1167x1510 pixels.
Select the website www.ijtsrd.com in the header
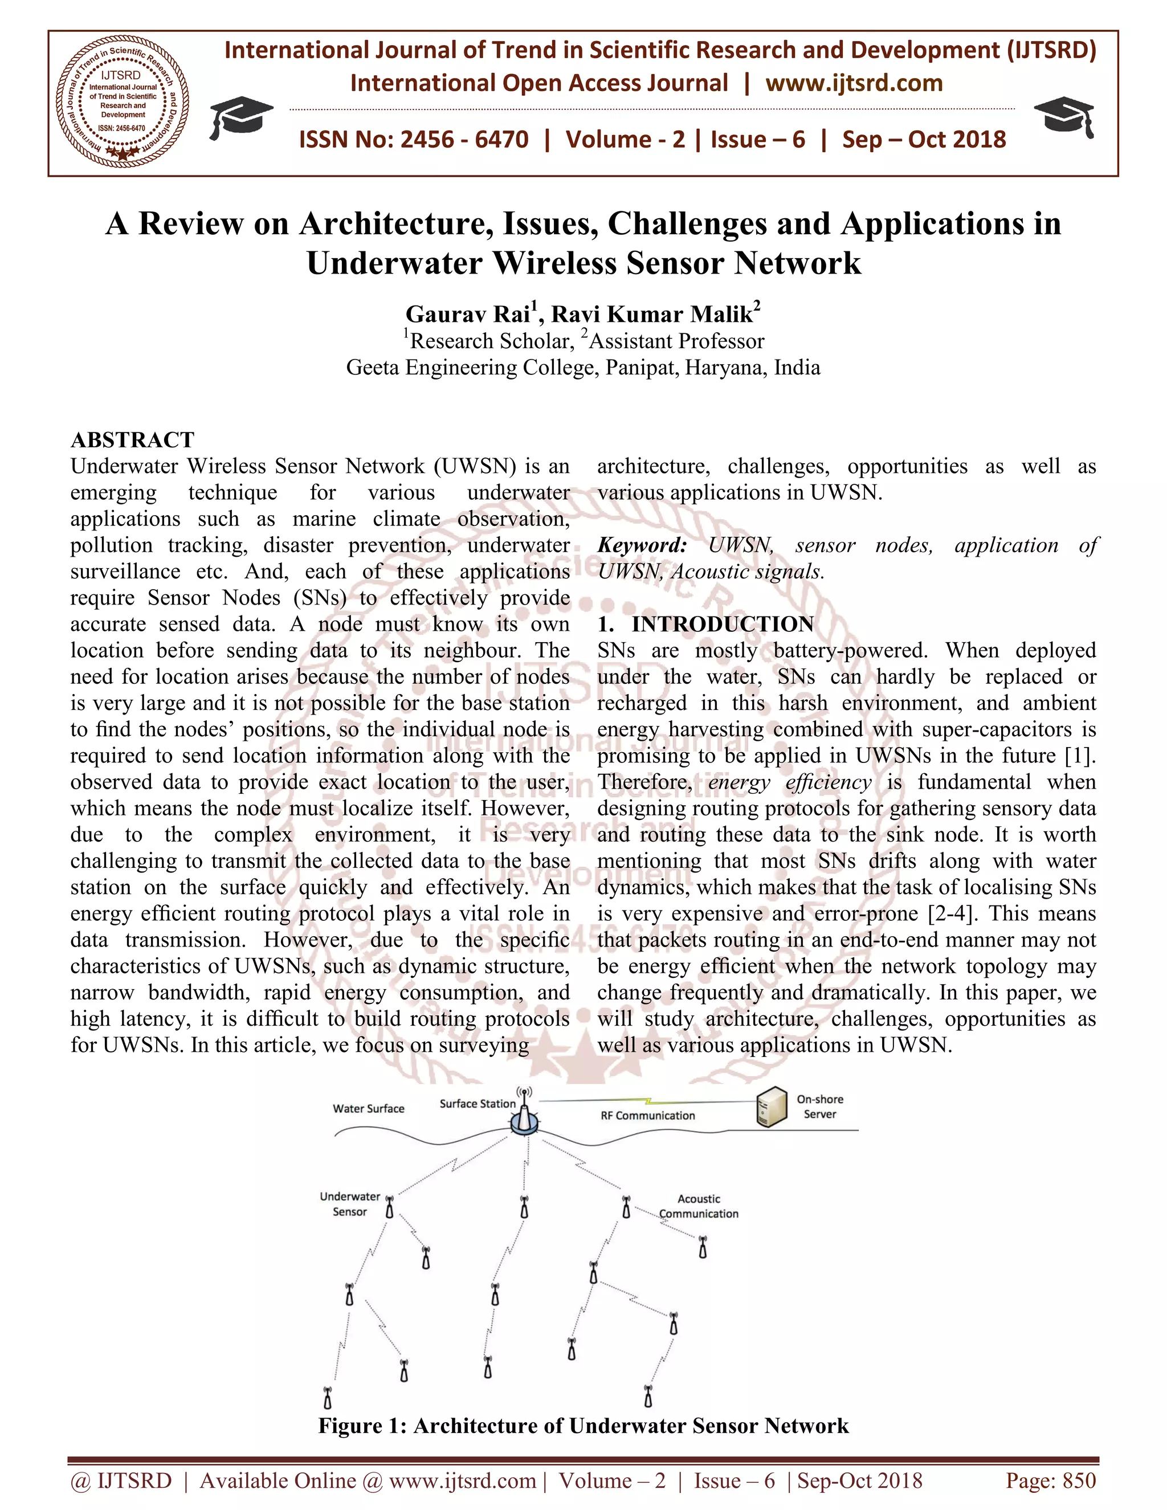tap(854, 84)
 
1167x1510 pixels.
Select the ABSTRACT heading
tap(133, 440)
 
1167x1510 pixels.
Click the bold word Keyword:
tap(642, 545)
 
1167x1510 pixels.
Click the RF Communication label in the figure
tap(647, 1115)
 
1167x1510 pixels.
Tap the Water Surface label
tap(369, 1108)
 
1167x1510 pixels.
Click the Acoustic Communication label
tap(698, 1206)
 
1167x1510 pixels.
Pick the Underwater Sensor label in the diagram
tap(350, 1203)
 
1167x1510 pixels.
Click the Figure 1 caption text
tap(583, 1426)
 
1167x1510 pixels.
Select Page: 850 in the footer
tap(1050, 1480)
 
